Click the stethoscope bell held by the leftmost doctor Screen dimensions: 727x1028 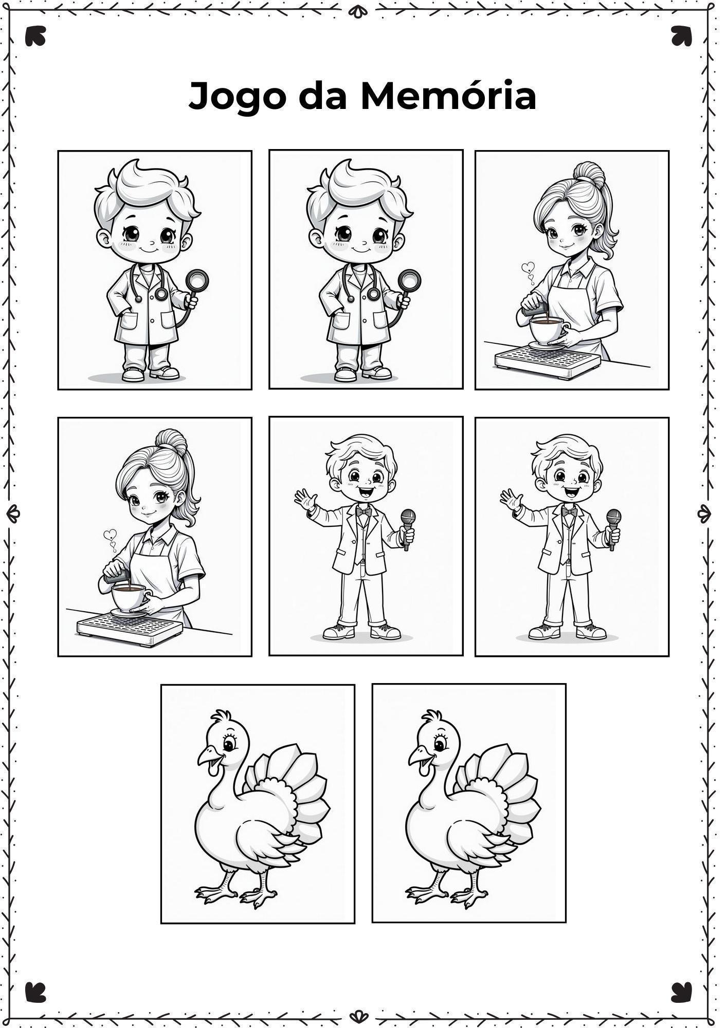(x=196, y=281)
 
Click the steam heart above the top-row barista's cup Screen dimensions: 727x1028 (x=528, y=267)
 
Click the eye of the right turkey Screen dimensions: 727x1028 (x=440, y=745)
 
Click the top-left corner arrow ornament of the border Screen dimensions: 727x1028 (x=35, y=36)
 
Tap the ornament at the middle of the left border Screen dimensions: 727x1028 (x=13, y=513)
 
